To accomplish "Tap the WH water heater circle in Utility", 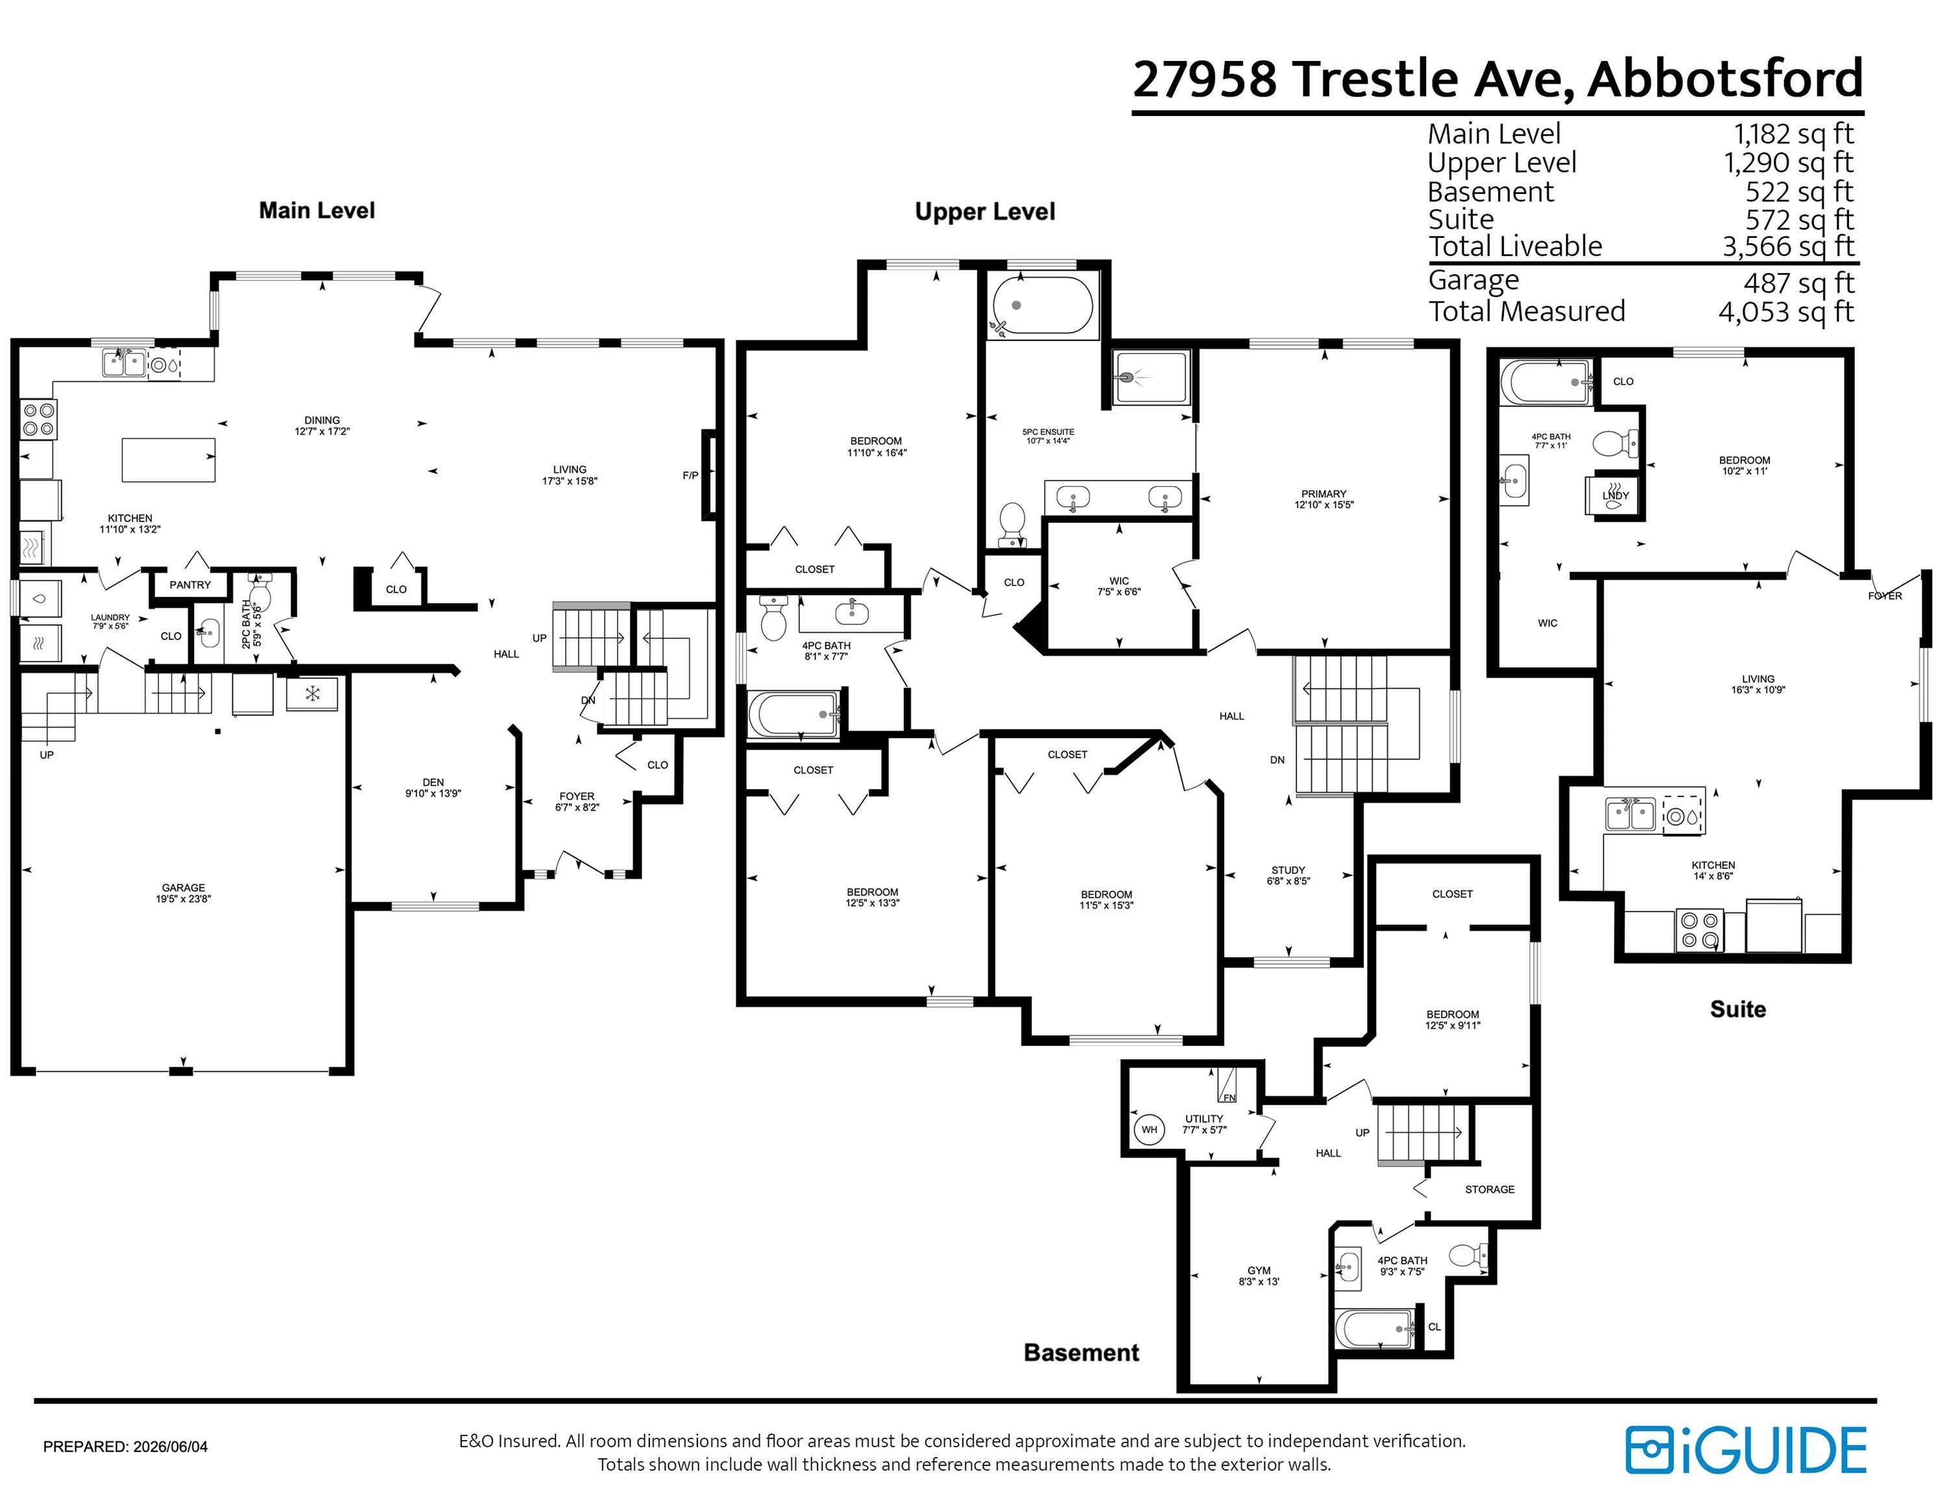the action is coord(1148,1130).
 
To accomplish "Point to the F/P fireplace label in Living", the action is coord(690,475).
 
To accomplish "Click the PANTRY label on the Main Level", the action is coord(190,584).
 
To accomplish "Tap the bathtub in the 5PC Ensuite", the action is coord(1043,306).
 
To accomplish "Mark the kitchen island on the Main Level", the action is coord(168,459).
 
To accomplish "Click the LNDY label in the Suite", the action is coord(1615,495).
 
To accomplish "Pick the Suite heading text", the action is coord(1737,1009).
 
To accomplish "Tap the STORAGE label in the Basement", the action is coord(1490,1189).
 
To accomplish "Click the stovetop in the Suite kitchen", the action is coord(1699,931).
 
